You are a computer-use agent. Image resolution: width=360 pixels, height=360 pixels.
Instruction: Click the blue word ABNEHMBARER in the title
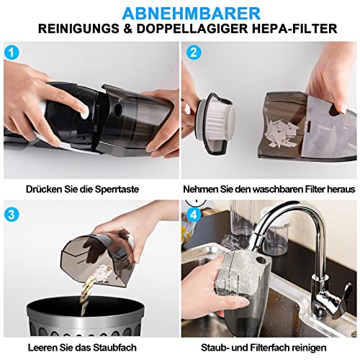(192, 14)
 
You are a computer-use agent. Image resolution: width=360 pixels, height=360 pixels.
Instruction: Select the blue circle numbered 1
(12, 53)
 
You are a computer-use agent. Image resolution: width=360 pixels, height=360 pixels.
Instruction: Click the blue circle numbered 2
(194, 53)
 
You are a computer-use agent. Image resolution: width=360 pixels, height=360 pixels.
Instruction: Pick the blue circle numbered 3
(12, 215)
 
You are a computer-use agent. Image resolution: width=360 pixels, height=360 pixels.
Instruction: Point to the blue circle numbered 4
(194, 215)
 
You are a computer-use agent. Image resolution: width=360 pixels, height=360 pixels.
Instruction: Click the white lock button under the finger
(84, 113)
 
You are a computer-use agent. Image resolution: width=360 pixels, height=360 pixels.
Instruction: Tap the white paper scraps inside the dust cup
(282, 133)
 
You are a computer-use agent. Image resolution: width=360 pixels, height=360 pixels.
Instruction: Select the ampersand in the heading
(128, 29)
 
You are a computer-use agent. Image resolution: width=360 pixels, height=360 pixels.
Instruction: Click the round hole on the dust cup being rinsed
(260, 259)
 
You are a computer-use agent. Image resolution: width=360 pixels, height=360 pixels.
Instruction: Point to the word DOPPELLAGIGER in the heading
(192, 29)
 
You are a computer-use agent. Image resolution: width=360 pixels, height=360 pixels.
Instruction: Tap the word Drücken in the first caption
(44, 189)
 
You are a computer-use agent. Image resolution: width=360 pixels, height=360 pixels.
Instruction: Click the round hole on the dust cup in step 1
(118, 109)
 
